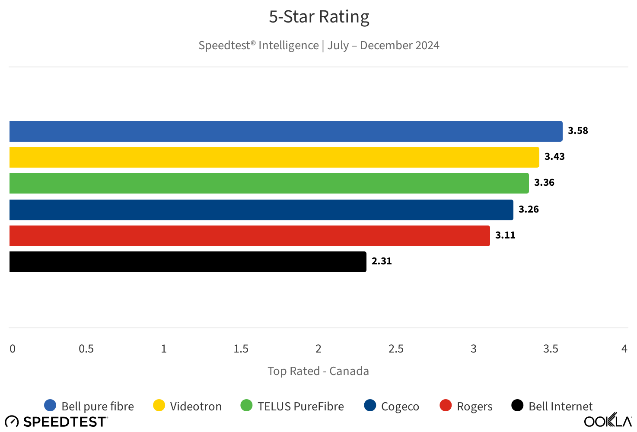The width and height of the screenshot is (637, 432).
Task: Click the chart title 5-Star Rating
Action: tap(319, 17)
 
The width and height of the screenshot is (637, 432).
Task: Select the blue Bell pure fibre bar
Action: tap(286, 131)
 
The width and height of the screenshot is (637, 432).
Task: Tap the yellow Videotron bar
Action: tap(274, 157)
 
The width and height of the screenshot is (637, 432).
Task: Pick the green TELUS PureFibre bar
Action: tap(269, 183)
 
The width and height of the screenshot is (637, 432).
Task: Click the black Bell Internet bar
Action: tap(188, 262)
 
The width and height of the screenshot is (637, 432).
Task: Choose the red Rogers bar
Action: tap(249, 236)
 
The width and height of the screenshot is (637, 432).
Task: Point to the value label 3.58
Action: tap(578, 131)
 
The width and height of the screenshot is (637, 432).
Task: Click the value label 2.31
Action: tap(382, 261)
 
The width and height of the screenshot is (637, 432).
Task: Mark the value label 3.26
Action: tap(529, 210)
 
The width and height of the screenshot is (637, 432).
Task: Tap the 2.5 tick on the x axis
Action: tap(396, 349)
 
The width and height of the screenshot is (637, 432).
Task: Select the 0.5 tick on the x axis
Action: tap(86, 349)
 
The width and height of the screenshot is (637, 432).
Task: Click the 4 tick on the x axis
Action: tap(624, 349)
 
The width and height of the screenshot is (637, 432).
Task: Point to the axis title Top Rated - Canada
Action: tap(318, 371)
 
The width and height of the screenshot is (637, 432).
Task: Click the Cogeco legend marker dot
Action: tap(370, 406)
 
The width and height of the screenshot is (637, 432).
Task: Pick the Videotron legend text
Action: tap(196, 407)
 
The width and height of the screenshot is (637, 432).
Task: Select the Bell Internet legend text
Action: tap(561, 407)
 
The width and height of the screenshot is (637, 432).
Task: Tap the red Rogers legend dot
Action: tap(446, 406)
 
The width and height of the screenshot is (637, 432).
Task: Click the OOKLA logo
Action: tap(608, 420)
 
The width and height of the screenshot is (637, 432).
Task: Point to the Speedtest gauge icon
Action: tap(12, 421)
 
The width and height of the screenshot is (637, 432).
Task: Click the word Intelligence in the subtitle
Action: tap(288, 45)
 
